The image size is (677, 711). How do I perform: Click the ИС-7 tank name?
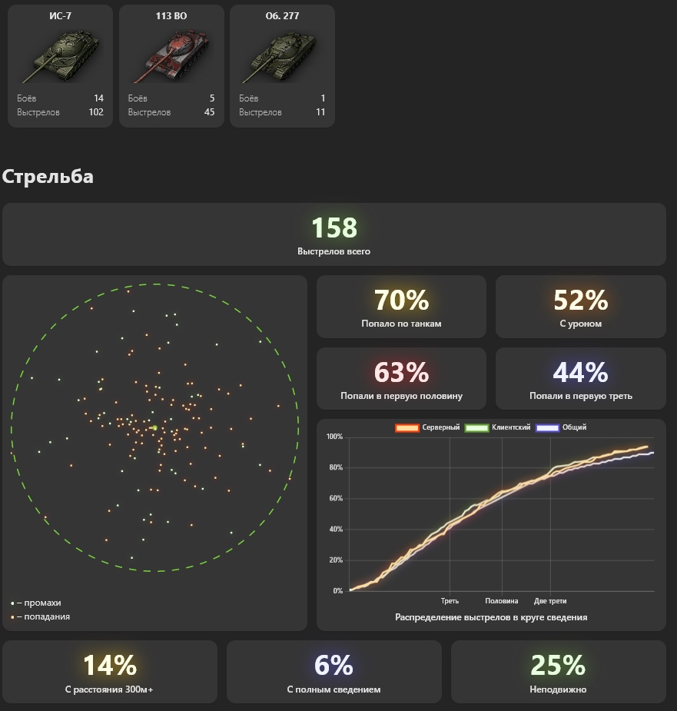click(x=60, y=16)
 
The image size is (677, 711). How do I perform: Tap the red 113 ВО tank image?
click(x=171, y=56)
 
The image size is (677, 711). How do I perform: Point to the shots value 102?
click(x=96, y=112)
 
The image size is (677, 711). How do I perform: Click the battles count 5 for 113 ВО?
click(x=212, y=98)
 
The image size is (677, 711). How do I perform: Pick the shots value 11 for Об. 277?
click(x=320, y=112)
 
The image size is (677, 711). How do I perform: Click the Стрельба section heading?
click(x=48, y=176)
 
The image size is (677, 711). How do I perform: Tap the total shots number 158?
click(x=334, y=228)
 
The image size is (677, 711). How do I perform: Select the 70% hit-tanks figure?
click(x=401, y=301)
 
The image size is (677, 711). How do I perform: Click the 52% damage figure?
click(x=581, y=301)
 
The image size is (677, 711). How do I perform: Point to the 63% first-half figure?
click(x=401, y=372)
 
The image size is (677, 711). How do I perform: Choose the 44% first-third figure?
click(x=581, y=372)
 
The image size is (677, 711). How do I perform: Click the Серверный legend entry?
click(x=427, y=427)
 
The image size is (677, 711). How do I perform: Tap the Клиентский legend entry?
click(x=498, y=427)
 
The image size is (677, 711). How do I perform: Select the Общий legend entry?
click(x=561, y=427)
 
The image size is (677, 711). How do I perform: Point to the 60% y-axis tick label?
click(x=336, y=498)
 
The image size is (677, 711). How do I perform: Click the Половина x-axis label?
click(x=502, y=601)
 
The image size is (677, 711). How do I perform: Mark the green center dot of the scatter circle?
click(x=154, y=427)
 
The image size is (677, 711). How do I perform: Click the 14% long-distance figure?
click(x=110, y=665)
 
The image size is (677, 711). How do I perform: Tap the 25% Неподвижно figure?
click(x=558, y=665)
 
